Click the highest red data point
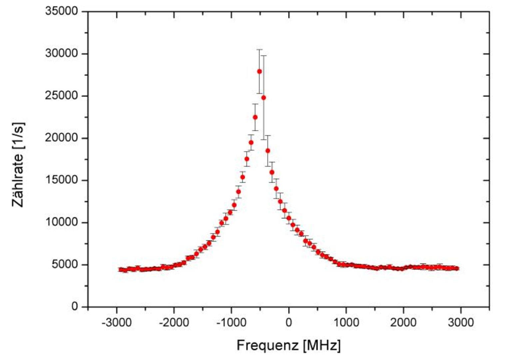pyautogui.click(x=259, y=71)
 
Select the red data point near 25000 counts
pyautogui.click(x=263, y=98)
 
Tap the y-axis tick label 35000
pyautogui.click(x=61, y=11)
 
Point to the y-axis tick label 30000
pyautogui.click(x=61, y=53)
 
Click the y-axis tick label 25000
pyautogui.click(x=61, y=96)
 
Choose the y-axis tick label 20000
pyautogui.click(x=61, y=138)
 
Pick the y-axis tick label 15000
pyautogui.click(x=61, y=180)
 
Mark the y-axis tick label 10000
pyautogui.click(x=61, y=222)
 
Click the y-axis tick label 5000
pyautogui.click(x=65, y=264)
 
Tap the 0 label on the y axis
pyautogui.click(x=75, y=306)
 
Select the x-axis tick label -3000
pyautogui.click(x=117, y=323)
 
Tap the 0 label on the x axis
pyautogui.click(x=289, y=323)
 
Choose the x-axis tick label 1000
pyautogui.click(x=346, y=323)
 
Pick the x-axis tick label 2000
pyautogui.click(x=404, y=323)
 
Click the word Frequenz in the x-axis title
pyautogui.click(x=267, y=345)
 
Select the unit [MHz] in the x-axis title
pyautogui.click(x=322, y=345)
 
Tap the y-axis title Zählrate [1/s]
pyautogui.click(x=18, y=165)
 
